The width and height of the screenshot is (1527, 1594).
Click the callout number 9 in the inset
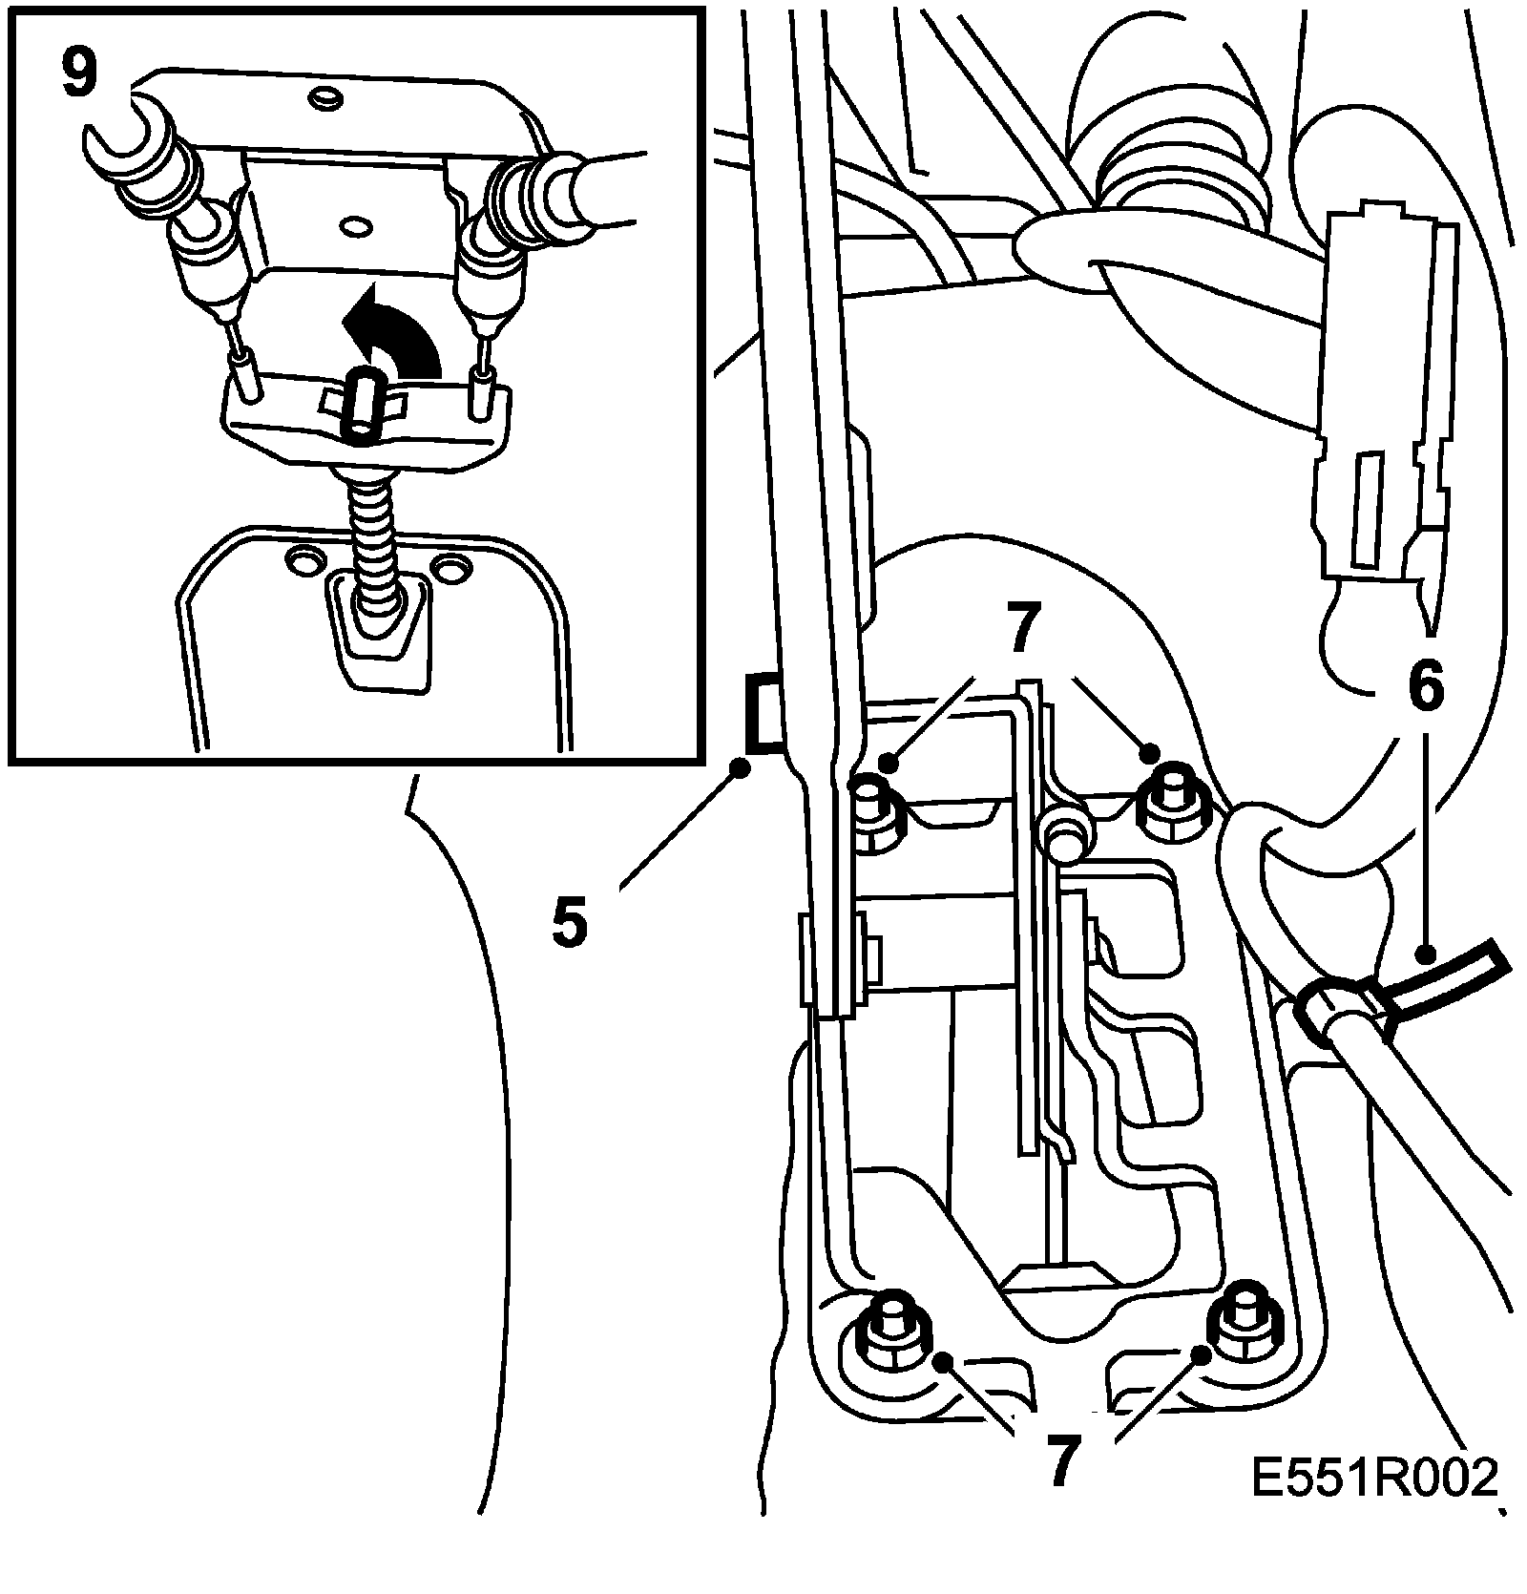point(79,73)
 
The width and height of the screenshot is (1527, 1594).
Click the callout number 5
point(569,921)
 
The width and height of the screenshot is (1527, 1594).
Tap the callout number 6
point(1425,690)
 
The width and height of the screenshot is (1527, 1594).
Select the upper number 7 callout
point(1019,633)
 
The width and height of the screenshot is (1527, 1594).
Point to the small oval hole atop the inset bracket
point(324,96)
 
